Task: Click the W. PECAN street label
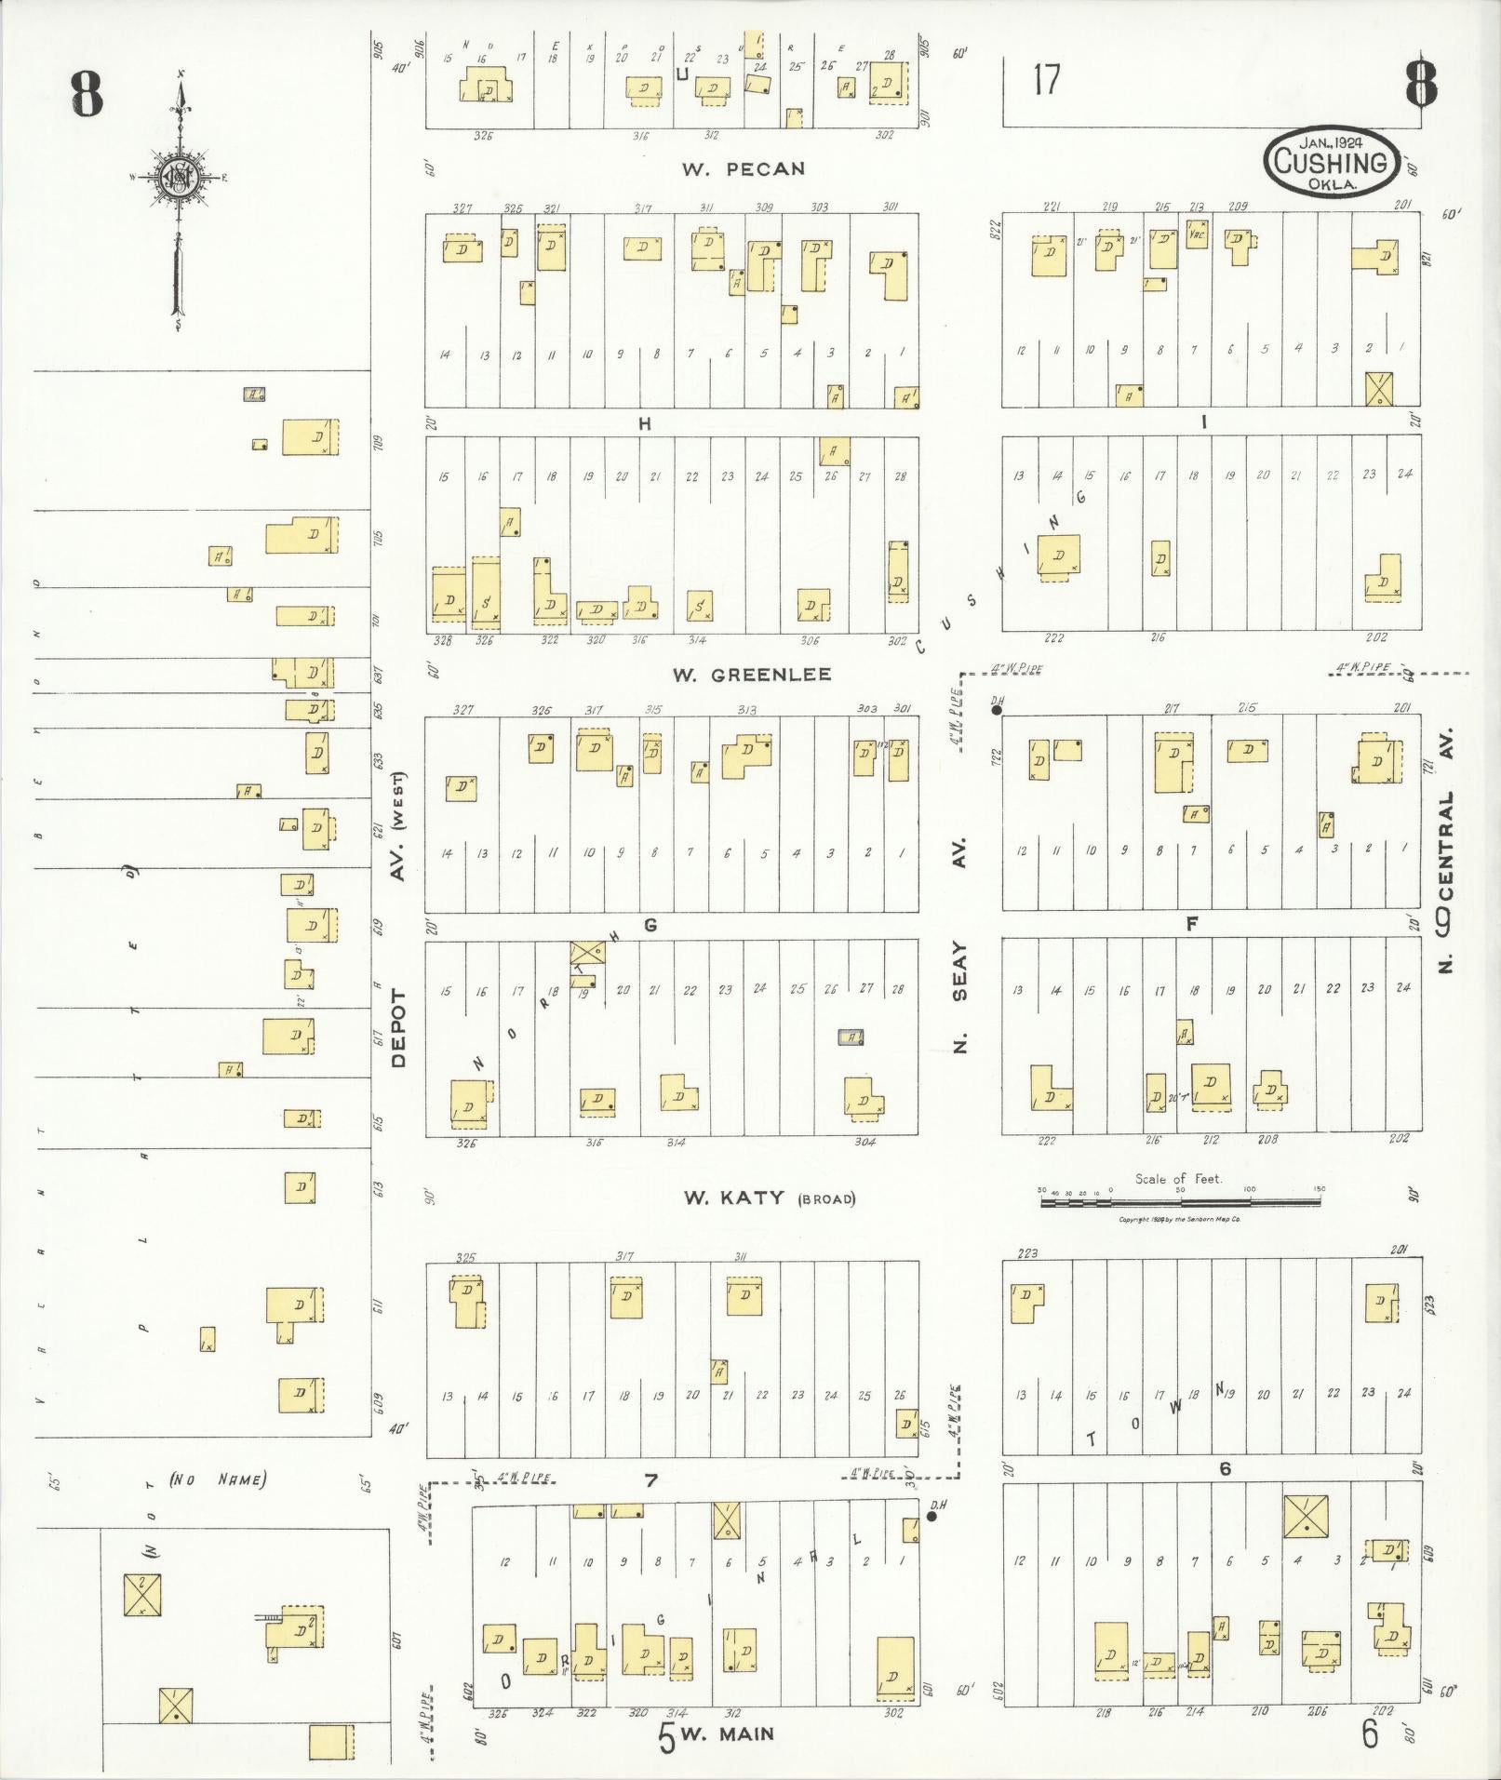pos(743,169)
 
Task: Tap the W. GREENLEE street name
pos(752,675)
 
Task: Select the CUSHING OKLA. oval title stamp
pos(1331,161)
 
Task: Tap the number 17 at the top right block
pos(1046,80)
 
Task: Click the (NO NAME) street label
pos(219,1479)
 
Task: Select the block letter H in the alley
pos(644,423)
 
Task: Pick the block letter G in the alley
pos(650,925)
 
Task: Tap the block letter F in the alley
pos(1191,924)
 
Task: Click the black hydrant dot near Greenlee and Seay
pos(997,710)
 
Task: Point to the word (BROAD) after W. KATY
pos(825,1199)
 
